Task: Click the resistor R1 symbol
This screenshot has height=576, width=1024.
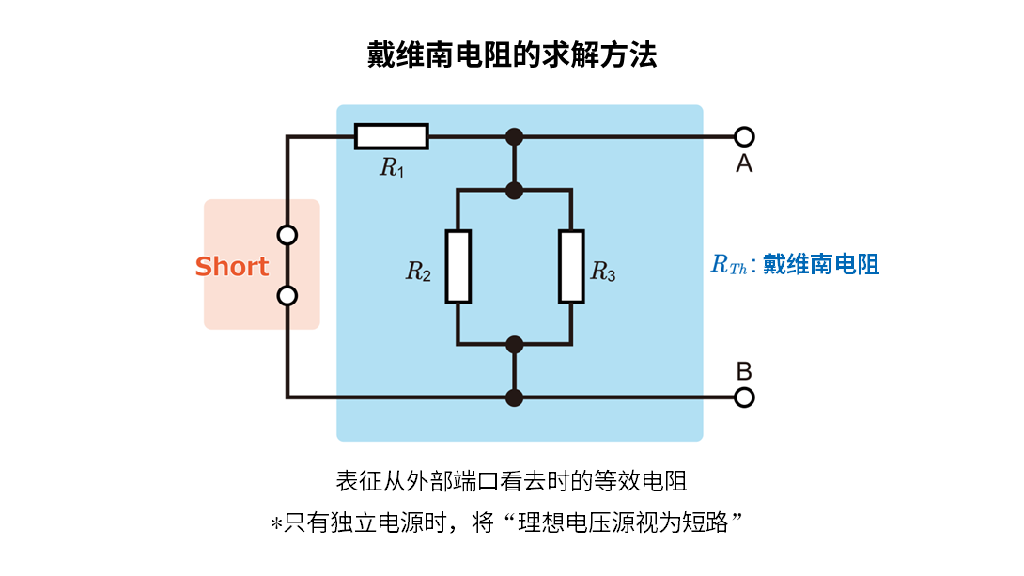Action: coord(391,136)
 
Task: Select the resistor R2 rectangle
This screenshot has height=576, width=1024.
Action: coord(458,266)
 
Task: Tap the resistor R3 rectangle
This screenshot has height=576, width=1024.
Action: coord(571,266)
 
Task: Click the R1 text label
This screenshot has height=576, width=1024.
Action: coord(392,168)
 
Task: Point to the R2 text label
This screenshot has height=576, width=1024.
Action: coord(418,272)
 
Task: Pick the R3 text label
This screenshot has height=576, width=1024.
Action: coord(603,272)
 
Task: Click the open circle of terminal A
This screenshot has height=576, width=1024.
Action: coord(744,136)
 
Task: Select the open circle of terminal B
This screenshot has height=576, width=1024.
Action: coord(744,397)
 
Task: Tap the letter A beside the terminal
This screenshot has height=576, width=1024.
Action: coord(744,164)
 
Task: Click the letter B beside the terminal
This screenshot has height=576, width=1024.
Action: coord(744,371)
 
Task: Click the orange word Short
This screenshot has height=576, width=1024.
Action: coord(231,267)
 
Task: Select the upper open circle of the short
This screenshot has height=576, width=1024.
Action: coord(288,235)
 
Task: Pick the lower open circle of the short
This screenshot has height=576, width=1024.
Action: coord(288,296)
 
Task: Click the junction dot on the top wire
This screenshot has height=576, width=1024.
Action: coord(514,136)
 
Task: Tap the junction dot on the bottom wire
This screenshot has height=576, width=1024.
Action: coord(514,397)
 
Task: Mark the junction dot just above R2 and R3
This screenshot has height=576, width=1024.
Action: coord(514,191)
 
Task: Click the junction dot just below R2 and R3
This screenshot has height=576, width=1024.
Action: coord(514,344)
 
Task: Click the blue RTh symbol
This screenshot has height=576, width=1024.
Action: coord(728,266)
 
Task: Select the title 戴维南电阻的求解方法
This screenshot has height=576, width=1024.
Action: coord(512,54)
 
